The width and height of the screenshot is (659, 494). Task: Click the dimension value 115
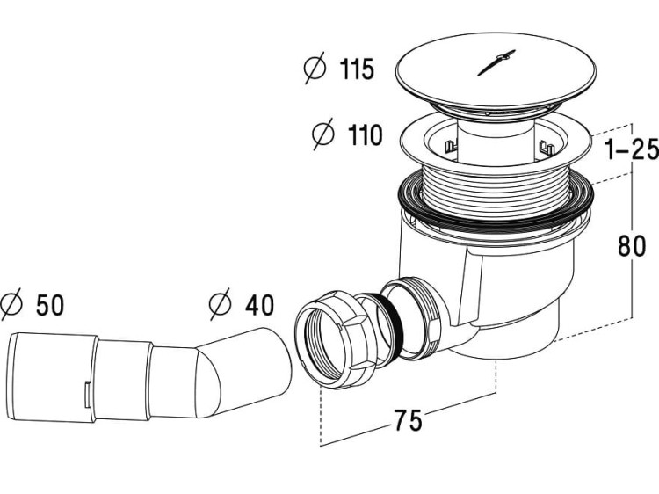(x=355, y=69)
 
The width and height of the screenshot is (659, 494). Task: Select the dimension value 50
(x=51, y=305)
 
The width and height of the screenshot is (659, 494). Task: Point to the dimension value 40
(x=258, y=305)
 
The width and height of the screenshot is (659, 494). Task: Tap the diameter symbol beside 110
(x=323, y=135)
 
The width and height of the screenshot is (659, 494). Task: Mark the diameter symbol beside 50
(x=11, y=305)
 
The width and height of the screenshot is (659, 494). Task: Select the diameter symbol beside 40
(x=220, y=305)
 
